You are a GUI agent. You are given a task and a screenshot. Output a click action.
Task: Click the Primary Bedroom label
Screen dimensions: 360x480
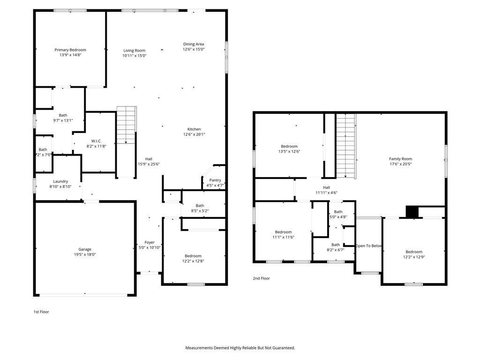coord(70,50)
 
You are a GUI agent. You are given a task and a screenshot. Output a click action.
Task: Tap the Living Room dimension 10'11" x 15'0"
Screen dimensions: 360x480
coord(135,56)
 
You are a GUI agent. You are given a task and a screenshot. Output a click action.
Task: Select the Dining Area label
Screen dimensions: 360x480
coord(194,44)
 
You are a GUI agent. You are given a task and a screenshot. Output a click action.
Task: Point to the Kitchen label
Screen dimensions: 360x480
coord(194,129)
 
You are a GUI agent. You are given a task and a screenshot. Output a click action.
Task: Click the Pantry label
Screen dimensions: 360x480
coord(215,180)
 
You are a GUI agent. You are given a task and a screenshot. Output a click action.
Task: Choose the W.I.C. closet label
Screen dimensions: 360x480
coord(97,141)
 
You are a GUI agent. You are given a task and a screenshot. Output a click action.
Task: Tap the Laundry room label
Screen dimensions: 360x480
coord(60,181)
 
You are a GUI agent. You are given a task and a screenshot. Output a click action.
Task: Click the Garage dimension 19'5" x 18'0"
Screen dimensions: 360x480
coord(85,255)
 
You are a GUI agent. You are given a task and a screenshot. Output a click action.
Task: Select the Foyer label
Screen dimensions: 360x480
coord(150,242)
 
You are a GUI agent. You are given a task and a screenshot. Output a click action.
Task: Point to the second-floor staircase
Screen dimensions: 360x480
coord(345,145)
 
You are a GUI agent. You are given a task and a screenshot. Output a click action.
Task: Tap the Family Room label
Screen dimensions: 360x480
coord(400,159)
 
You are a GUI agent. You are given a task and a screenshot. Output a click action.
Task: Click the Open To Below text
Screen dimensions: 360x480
coord(369,246)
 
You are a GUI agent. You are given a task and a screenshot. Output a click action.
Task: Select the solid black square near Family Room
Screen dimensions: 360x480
coord(412,212)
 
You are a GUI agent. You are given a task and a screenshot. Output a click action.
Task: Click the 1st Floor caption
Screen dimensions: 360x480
coord(41,312)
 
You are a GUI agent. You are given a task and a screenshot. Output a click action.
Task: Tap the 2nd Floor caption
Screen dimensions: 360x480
coord(262,278)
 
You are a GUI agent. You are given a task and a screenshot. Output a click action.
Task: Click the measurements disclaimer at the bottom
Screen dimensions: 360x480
coord(240,348)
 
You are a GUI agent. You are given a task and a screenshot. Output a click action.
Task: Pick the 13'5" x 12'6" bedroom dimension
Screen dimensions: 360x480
coord(289,151)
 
